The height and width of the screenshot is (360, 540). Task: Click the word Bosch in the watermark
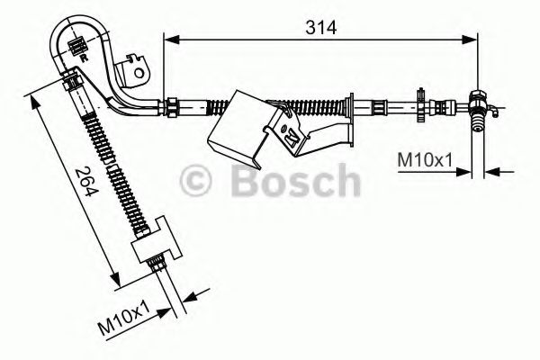click(292, 182)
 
